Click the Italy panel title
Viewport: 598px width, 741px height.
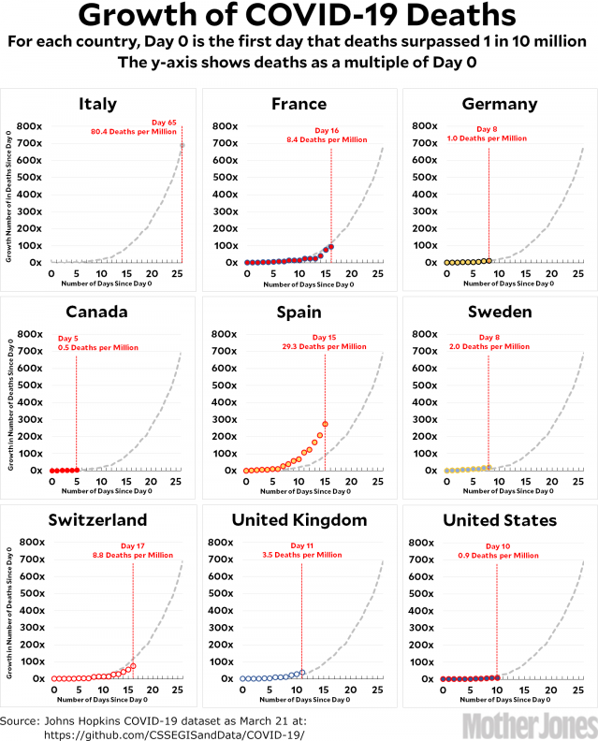[98, 104]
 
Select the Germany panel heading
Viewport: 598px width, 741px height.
[500, 104]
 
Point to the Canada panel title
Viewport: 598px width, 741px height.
[98, 312]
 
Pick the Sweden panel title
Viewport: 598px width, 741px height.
[500, 312]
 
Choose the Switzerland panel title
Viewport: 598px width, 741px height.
[98, 519]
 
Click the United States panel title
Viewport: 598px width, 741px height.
[500, 519]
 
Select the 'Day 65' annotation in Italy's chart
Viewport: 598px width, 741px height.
[164, 121]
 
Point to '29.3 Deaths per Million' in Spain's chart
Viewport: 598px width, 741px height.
[325, 347]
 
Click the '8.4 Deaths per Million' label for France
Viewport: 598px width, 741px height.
[331, 139]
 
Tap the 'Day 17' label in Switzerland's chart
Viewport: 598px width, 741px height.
[133, 545]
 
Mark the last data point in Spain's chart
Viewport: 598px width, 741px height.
[325, 424]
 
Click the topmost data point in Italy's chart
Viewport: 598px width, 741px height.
[182, 145]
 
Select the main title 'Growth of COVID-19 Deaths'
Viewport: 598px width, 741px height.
[297, 17]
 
